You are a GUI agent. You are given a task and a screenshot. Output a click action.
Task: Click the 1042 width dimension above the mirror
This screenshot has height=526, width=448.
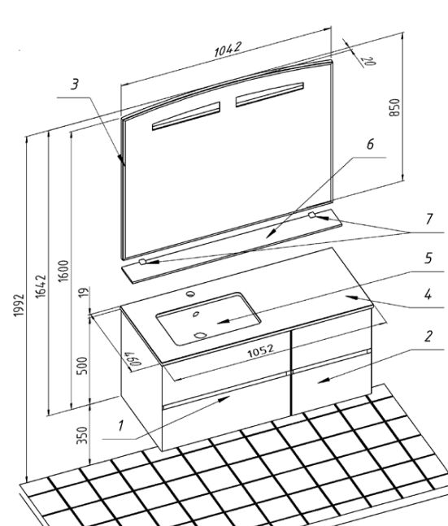coord(228,49)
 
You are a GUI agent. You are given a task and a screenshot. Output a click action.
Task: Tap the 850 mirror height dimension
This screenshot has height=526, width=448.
coord(394,107)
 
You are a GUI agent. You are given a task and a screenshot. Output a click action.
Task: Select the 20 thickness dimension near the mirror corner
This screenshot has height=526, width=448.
coord(368,61)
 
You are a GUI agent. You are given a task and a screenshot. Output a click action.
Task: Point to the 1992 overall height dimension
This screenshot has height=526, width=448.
coord(19,305)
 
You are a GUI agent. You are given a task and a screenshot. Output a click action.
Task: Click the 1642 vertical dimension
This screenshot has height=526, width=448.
coord(41,286)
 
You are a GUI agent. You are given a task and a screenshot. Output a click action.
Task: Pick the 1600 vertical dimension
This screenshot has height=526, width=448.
coord(63,271)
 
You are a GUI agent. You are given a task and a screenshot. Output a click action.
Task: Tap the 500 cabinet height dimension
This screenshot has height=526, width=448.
coord(82,366)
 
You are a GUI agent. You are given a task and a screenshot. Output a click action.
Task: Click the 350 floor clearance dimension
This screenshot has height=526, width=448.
coord(82,435)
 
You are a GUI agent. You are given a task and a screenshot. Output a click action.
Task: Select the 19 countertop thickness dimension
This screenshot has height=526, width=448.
coord(85,292)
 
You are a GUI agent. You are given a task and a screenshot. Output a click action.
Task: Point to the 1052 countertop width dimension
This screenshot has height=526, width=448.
coord(261,350)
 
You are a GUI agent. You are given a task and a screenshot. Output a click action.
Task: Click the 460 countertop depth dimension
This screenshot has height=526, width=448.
coord(133,359)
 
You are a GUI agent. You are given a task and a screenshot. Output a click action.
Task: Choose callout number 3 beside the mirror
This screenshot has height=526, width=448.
coord(75,84)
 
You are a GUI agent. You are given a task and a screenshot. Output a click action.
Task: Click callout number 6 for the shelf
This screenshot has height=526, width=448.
coord(370,144)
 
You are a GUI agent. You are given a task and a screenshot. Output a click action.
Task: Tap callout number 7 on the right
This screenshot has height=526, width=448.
coord(429,219)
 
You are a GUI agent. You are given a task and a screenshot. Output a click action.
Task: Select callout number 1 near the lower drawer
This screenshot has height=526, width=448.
coord(120,425)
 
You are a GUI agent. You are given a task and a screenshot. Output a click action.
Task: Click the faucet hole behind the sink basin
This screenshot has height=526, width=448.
coord(190,293)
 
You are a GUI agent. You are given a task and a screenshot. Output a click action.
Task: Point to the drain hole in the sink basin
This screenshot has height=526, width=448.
coord(200,335)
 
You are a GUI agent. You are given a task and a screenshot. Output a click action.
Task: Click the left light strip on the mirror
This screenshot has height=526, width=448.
coord(186,115)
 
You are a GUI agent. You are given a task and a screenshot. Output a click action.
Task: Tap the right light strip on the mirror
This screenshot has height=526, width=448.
coord(269,94)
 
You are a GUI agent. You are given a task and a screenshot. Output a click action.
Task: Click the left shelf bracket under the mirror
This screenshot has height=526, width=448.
coord(142,262)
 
